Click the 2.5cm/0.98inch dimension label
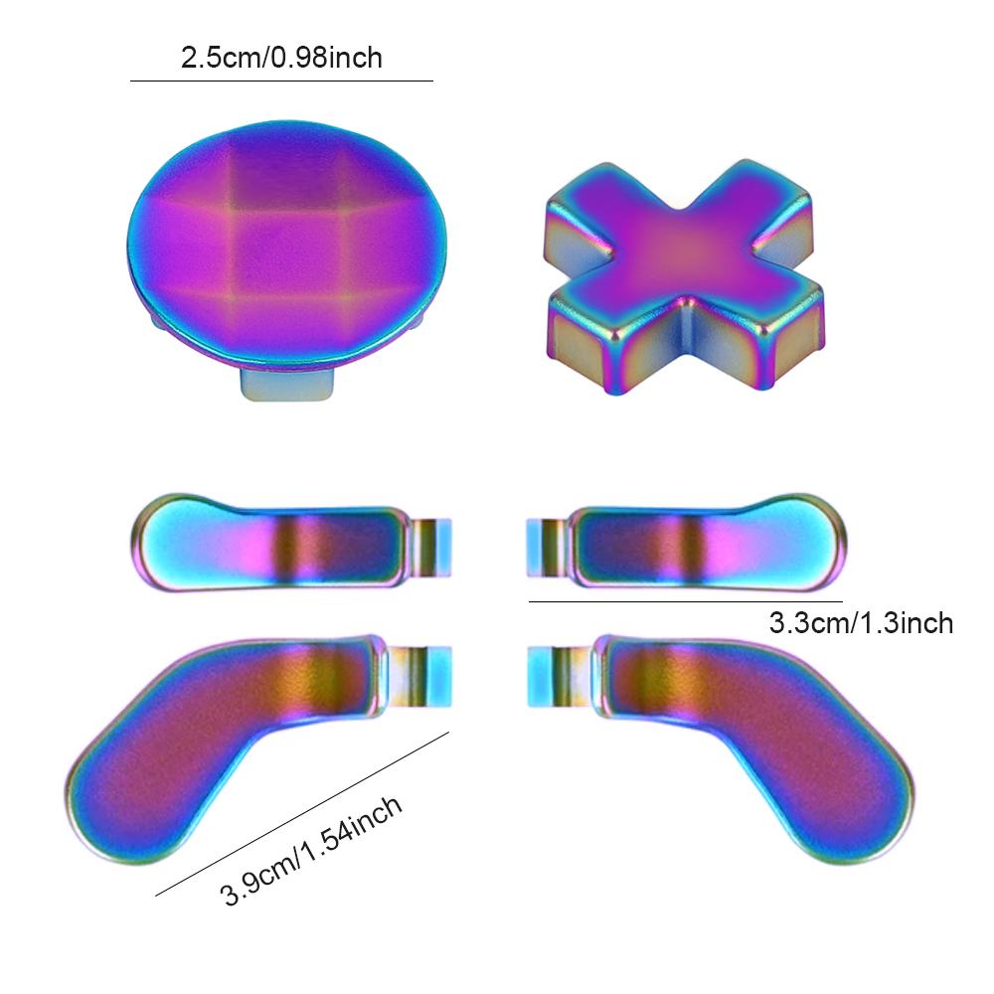tap(281, 58)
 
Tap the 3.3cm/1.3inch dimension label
tap(861, 623)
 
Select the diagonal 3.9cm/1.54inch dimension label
tap(311, 850)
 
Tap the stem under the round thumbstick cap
tap(287, 385)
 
